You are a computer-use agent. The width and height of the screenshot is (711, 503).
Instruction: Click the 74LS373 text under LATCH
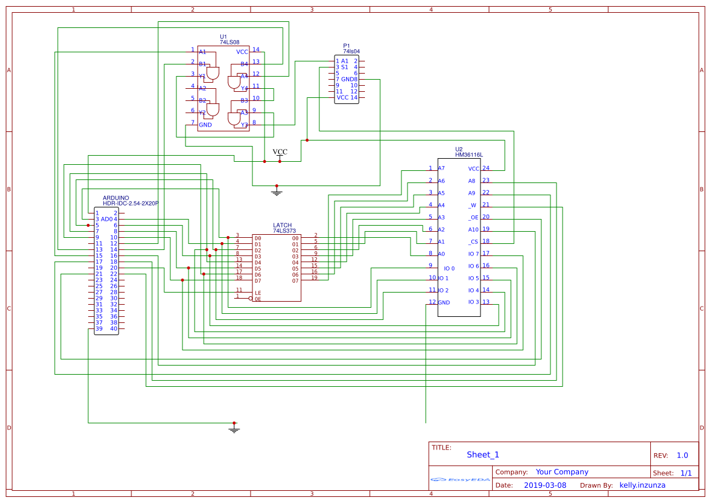tap(283, 231)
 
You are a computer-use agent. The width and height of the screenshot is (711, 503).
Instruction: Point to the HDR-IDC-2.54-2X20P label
tap(130, 204)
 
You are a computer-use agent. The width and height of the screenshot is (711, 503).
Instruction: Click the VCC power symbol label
tap(280, 152)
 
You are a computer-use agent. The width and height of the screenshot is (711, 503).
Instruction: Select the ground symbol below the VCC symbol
tap(277, 192)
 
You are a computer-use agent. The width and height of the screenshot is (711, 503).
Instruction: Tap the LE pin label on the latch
tap(258, 293)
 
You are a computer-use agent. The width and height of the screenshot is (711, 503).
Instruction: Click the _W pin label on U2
tap(472, 205)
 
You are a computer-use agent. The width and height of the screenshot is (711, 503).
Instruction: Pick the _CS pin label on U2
tap(473, 241)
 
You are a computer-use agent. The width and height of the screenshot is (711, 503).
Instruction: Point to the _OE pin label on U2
tap(473, 217)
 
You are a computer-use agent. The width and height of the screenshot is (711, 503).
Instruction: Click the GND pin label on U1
tap(206, 125)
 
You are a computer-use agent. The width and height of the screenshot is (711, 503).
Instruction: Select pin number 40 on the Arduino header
tap(114, 329)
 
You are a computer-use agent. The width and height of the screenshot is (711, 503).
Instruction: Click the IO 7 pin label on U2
tap(473, 254)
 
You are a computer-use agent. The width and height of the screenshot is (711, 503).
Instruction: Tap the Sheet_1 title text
tap(483, 455)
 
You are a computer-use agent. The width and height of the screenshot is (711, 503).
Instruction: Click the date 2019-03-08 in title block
tap(544, 485)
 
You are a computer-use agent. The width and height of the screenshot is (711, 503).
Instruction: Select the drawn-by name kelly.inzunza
tap(642, 485)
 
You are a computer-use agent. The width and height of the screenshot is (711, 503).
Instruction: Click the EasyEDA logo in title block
tap(460, 480)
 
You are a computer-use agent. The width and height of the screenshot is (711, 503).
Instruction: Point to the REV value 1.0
tap(682, 456)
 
